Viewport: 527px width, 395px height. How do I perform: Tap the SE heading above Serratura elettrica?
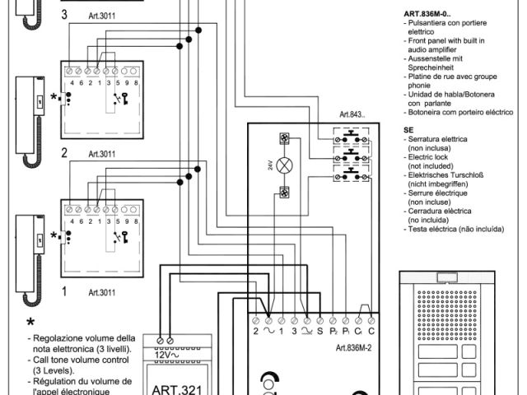[408, 130]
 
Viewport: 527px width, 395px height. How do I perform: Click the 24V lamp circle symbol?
[286, 165]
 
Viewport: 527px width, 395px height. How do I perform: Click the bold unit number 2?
[63, 152]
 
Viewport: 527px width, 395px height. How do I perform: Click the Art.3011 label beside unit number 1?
[101, 292]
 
